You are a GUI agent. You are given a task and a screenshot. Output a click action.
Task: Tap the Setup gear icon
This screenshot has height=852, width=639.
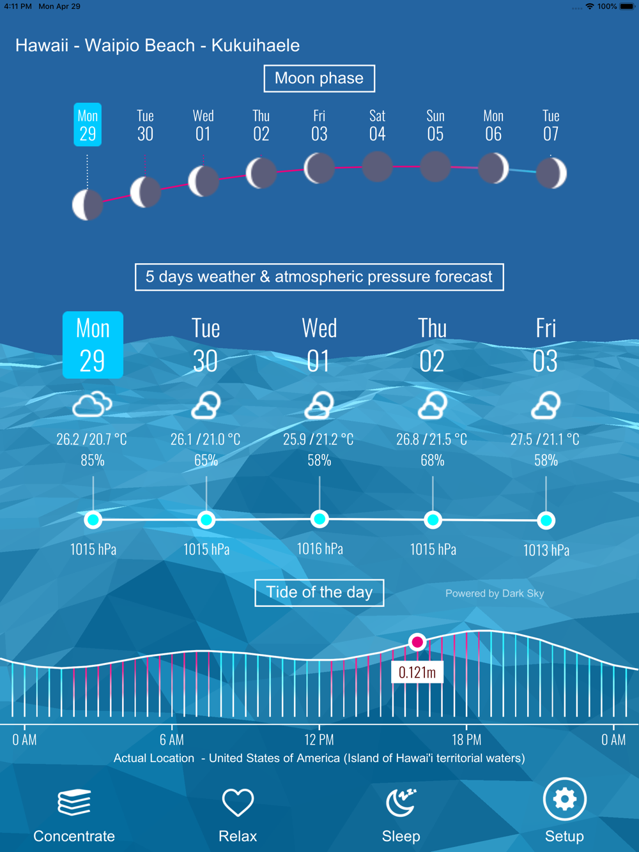point(564,798)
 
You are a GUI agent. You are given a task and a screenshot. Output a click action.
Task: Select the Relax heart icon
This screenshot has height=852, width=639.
point(238,802)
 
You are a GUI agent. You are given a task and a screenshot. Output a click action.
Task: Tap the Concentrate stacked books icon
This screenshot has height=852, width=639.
point(73,802)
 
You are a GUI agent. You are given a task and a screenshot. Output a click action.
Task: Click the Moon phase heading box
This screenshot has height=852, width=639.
point(319,79)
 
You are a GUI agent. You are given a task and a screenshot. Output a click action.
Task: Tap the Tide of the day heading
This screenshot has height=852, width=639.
point(319,592)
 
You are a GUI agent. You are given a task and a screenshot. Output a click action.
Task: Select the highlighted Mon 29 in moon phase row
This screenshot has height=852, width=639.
point(88,125)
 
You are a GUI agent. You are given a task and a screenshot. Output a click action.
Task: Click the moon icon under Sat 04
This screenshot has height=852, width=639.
point(378,167)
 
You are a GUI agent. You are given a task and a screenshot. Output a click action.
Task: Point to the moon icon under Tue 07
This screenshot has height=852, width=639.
point(551,172)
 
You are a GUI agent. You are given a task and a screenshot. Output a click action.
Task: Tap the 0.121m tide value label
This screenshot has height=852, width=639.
point(417,673)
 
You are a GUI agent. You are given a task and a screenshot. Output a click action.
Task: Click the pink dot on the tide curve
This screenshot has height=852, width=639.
point(417,642)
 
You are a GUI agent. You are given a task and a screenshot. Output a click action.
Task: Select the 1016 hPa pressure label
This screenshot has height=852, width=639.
point(320,549)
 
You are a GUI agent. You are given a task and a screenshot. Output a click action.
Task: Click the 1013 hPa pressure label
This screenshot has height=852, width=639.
point(546,550)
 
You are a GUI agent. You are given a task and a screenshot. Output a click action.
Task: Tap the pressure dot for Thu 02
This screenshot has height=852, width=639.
point(433,520)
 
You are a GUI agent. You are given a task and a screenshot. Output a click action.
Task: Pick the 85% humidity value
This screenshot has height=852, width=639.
point(93,460)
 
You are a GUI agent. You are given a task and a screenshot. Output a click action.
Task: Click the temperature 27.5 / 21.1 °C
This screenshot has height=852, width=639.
point(544,439)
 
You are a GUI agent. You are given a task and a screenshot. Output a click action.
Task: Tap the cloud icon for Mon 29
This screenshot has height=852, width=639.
point(93,405)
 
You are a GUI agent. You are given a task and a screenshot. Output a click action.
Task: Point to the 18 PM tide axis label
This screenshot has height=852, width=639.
point(466,740)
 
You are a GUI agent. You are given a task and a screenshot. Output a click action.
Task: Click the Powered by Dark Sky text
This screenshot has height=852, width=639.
point(495,593)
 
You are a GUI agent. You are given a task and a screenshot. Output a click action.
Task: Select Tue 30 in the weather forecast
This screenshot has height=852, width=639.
point(206,345)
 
